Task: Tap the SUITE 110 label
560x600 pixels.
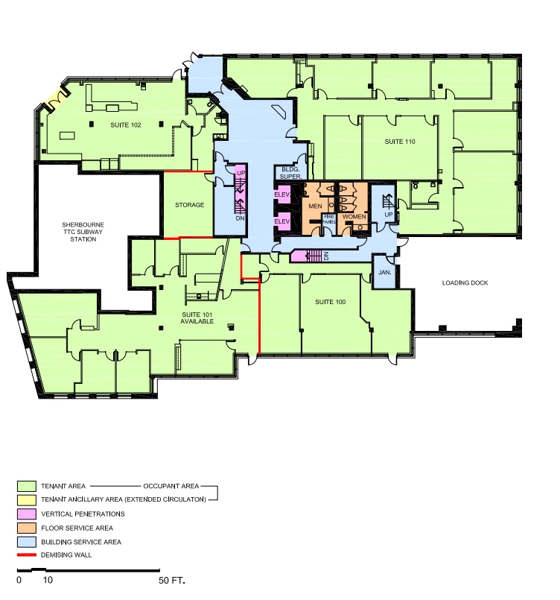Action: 399,142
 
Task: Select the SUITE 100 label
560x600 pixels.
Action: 330,302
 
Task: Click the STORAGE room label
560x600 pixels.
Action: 189,206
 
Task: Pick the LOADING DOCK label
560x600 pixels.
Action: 464,283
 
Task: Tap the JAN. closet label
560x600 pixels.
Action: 385,273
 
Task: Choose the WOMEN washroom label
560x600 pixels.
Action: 354,217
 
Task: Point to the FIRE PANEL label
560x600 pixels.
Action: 328,219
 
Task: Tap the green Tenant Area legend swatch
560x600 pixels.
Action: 27,485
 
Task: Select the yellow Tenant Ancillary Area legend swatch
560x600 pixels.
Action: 27,499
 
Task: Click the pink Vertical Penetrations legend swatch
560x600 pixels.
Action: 27,514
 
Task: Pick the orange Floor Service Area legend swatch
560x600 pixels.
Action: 27,528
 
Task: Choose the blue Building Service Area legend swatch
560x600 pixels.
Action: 27,542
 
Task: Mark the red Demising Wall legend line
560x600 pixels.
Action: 27,556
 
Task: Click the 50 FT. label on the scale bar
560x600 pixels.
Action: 171,580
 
